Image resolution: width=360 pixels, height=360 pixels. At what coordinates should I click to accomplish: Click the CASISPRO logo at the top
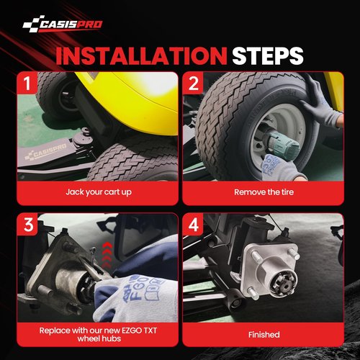63,24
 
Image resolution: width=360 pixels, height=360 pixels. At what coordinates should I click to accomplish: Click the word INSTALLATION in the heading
142,55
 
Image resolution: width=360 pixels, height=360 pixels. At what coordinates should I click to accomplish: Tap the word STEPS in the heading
268,55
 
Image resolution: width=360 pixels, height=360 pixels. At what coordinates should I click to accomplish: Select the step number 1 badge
27,83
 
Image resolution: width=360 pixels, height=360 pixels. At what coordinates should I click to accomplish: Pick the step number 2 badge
193,83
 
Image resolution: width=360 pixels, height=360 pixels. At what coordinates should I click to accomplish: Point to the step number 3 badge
28,225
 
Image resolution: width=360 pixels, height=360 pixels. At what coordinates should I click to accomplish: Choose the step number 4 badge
193,225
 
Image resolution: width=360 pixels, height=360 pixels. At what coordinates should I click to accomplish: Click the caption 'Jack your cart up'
99,192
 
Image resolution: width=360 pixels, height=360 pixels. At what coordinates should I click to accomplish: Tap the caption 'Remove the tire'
264,192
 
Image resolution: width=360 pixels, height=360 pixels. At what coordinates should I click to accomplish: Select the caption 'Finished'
264,335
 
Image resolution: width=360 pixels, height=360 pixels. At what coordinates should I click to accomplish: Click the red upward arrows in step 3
107,254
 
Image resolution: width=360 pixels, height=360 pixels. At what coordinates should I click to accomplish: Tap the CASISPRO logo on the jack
45,152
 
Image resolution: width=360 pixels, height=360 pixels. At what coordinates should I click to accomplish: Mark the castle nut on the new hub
281,283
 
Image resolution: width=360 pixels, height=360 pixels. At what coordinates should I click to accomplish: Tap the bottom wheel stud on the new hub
253,292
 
